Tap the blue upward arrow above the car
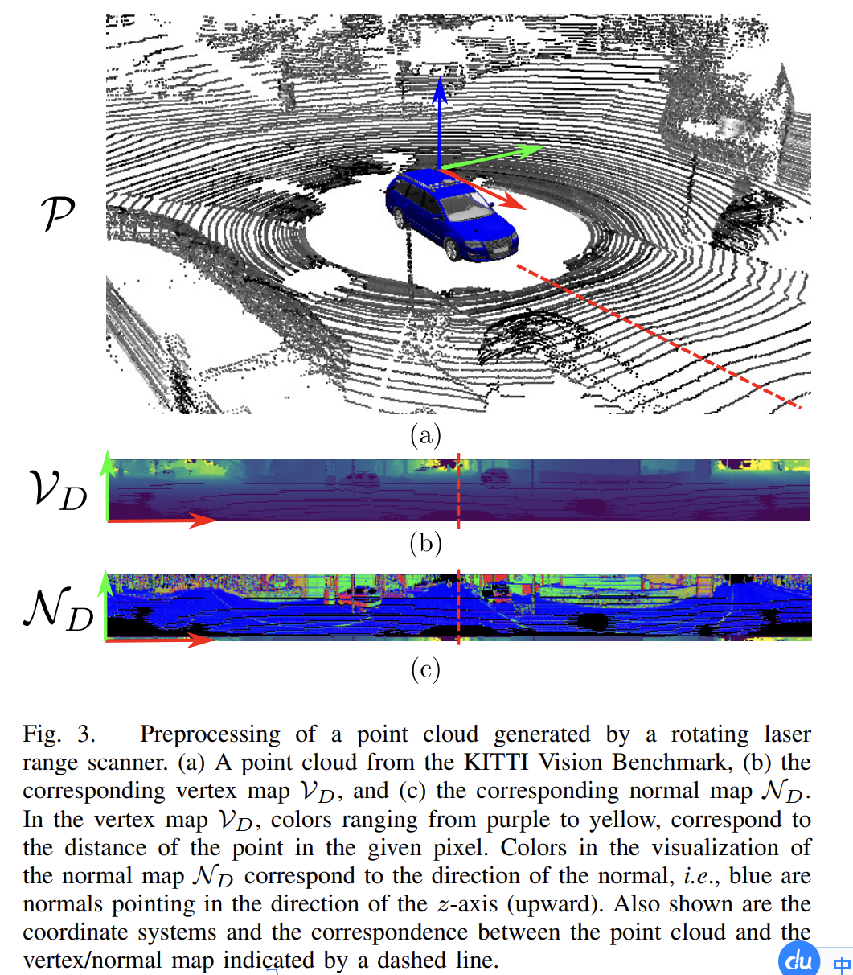coord(439,121)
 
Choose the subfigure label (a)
coord(425,435)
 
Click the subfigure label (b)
coord(425,544)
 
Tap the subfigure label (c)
coord(425,669)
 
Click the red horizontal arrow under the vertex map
coord(161,521)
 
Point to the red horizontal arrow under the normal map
coord(161,640)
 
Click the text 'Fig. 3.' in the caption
coord(59,734)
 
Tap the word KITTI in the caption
coord(498,762)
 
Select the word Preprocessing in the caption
coord(210,734)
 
